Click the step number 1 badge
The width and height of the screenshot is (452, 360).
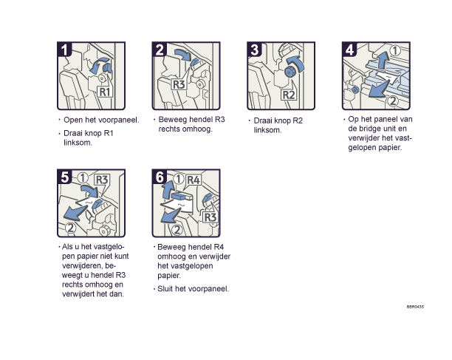(64, 50)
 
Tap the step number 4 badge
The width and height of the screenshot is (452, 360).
(349, 50)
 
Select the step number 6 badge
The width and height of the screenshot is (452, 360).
(160, 177)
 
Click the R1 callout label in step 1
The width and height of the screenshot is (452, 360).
(104, 92)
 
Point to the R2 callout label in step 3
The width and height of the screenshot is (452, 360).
(289, 95)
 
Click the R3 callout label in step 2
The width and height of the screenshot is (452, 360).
(179, 84)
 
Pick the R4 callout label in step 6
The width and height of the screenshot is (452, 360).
(194, 180)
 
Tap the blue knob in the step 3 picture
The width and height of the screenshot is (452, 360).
(289, 72)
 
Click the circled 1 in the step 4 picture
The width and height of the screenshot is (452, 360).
(395, 50)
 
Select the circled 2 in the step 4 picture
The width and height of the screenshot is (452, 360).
(393, 101)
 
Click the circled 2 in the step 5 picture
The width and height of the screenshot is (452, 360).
(70, 228)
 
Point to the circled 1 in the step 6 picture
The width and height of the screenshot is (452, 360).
(179, 179)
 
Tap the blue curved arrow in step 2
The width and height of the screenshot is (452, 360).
(183, 55)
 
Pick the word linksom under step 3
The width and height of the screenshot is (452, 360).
(267, 130)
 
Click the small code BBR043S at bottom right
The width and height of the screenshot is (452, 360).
(415, 307)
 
